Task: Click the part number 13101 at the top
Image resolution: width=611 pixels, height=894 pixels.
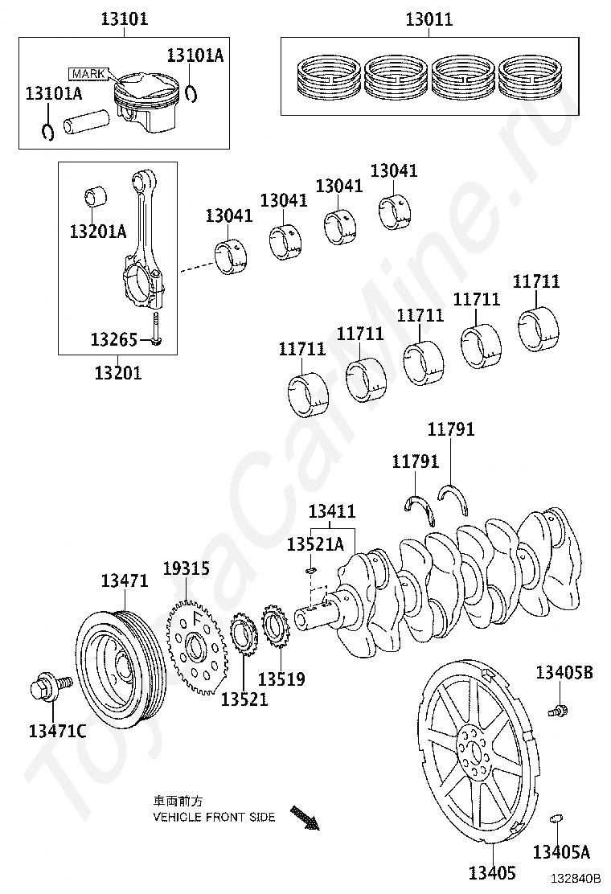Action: click(x=124, y=18)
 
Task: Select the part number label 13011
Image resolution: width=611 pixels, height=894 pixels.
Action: click(x=429, y=18)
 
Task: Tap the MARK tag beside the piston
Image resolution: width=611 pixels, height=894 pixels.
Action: click(x=88, y=74)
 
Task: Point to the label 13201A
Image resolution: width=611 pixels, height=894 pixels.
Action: click(x=98, y=232)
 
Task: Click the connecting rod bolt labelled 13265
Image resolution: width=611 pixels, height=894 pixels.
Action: click(x=158, y=330)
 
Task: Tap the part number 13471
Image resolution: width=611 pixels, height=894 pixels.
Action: click(x=125, y=580)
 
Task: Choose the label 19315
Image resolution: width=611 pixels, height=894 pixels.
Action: click(x=186, y=568)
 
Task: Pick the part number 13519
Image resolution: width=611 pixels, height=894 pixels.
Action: click(x=281, y=679)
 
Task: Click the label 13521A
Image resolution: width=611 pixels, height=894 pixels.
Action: click(x=315, y=544)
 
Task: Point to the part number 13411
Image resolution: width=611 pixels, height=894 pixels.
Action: click(x=331, y=511)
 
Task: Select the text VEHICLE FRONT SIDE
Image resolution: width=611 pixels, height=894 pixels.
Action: click(x=214, y=817)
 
